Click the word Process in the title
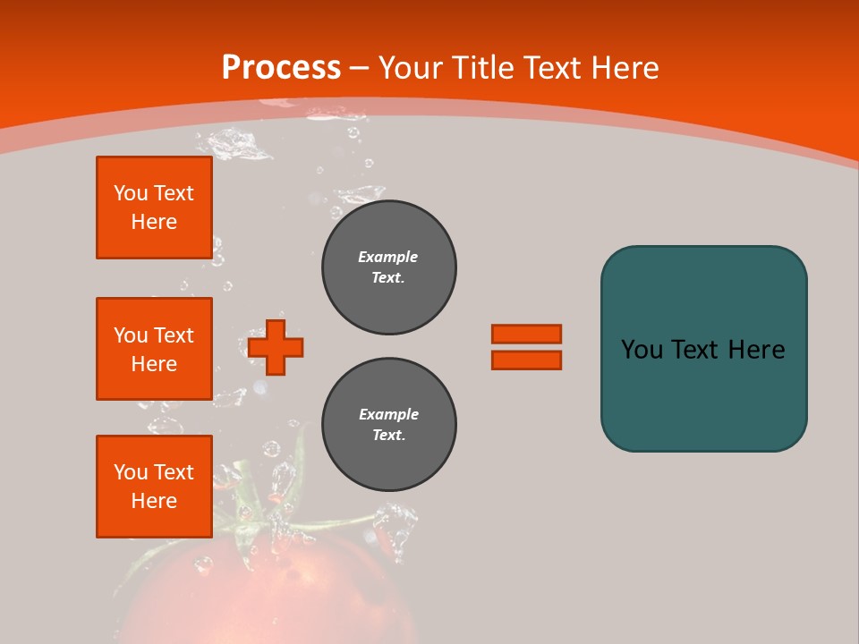click(281, 68)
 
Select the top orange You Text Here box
click(154, 208)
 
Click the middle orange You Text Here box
click(154, 349)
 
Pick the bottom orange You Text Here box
click(154, 487)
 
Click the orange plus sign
click(276, 347)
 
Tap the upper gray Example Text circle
click(388, 267)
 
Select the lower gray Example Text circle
click(388, 425)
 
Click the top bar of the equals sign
click(526, 334)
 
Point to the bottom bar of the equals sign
click(526, 360)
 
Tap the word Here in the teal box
click(756, 350)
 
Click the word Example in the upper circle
click(388, 257)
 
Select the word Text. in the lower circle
click(388, 436)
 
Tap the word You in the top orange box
click(131, 193)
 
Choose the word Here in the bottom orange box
click(154, 501)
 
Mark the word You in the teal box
click(642, 350)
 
